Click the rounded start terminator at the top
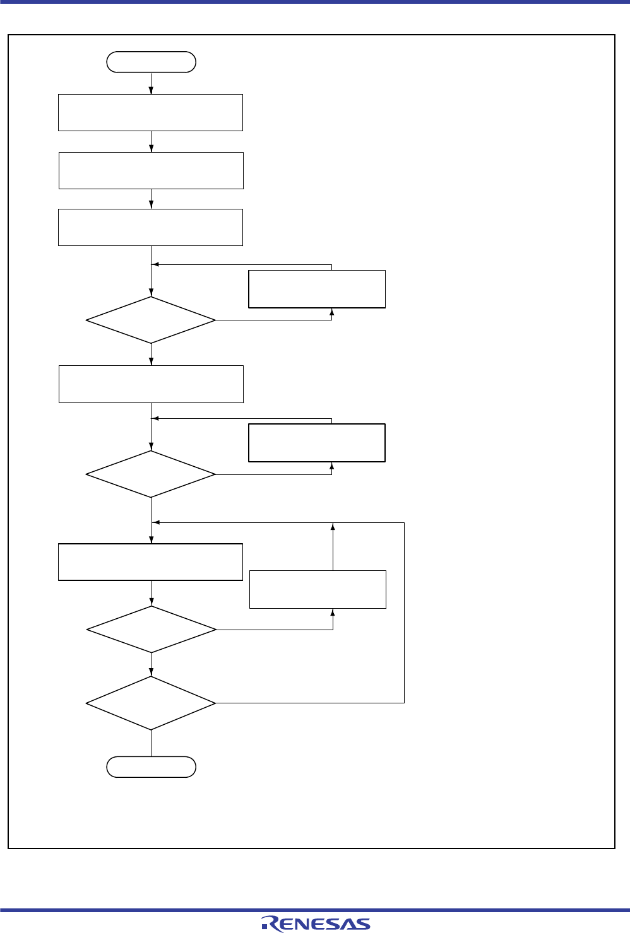(x=152, y=62)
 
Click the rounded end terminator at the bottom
(x=152, y=766)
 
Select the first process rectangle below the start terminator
(x=150, y=112)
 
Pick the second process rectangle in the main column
(x=151, y=170)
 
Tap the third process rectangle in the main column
(x=150, y=227)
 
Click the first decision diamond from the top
(x=151, y=320)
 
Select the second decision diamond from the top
(x=151, y=474)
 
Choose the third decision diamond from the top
(x=152, y=629)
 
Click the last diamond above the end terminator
(x=151, y=703)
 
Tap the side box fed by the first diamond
(x=317, y=289)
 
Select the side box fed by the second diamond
(x=317, y=443)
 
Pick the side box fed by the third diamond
(x=318, y=589)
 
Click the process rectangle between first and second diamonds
(x=151, y=384)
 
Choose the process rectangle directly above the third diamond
(x=150, y=562)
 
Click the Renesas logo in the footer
(x=316, y=924)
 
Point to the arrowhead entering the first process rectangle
(x=152, y=91)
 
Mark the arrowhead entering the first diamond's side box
(x=331, y=312)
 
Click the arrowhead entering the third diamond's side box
(x=333, y=612)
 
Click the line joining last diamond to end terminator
(x=152, y=743)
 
